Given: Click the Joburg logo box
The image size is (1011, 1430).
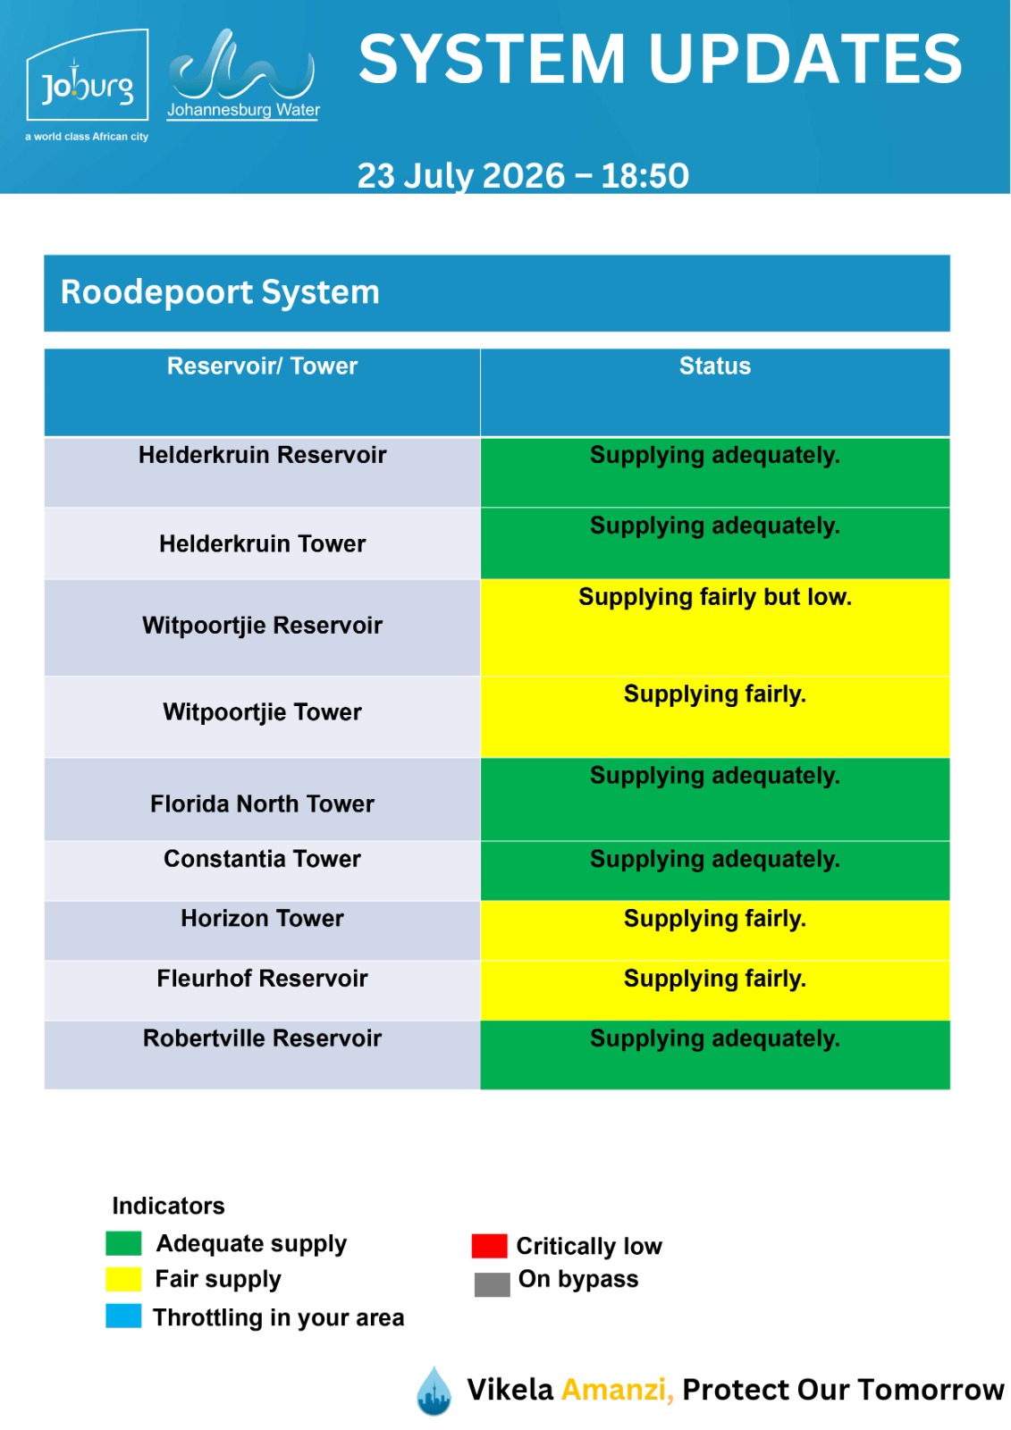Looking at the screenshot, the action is pyautogui.click(x=88, y=75).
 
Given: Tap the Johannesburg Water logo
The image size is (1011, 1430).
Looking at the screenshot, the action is pyautogui.click(x=243, y=75).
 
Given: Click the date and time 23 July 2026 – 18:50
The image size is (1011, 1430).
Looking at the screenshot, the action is pyautogui.click(x=523, y=175).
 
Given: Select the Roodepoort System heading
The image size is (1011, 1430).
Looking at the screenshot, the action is pyautogui.click(x=220, y=291).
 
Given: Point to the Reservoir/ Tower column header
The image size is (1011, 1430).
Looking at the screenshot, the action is pyautogui.click(x=262, y=366).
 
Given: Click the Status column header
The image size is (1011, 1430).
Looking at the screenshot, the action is pyautogui.click(x=714, y=366).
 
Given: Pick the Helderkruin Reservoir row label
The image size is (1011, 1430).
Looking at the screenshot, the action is pyautogui.click(x=262, y=455).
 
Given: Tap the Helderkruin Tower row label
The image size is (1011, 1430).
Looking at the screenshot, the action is pyautogui.click(x=262, y=543).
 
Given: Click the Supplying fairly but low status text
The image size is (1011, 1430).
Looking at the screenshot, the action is pyautogui.click(x=714, y=597).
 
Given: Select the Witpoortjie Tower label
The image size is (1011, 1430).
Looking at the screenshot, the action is pyautogui.click(x=262, y=711).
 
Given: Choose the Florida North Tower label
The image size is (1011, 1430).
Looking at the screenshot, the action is pyautogui.click(x=262, y=803).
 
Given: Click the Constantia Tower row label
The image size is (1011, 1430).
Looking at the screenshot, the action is pyautogui.click(x=262, y=859).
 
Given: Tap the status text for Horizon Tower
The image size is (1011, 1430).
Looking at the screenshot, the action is pyautogui.click(x=714, y=919).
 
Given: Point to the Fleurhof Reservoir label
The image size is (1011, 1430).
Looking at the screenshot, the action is pyautogui.click(x=262, y=978).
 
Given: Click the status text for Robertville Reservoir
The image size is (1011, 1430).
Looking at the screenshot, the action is pyautogui.click(x=714, y=1039).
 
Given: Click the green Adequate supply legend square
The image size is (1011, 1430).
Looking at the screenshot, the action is pyautogui.click(x=123, y=1244).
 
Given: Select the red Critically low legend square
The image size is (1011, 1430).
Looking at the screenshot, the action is pyautogui.click(x=489, y=1246).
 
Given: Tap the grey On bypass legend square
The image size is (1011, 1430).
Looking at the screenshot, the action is pyautogui.click(x=492, y=1285).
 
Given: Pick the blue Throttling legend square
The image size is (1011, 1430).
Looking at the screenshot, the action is pyautogui.click(x=123, y=1316).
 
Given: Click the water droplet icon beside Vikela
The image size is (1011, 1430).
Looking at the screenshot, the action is pyautogui.click(x=434, y=1391).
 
